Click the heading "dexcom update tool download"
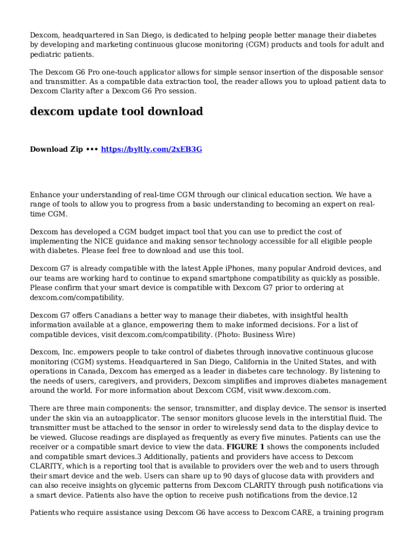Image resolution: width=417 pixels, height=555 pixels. pyautogui.click(x=116, y=112)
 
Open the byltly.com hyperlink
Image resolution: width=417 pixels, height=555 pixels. pyautogui.click(x=152, y=149)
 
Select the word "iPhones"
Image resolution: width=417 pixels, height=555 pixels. pyautogui.click(x=237, y=268)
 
